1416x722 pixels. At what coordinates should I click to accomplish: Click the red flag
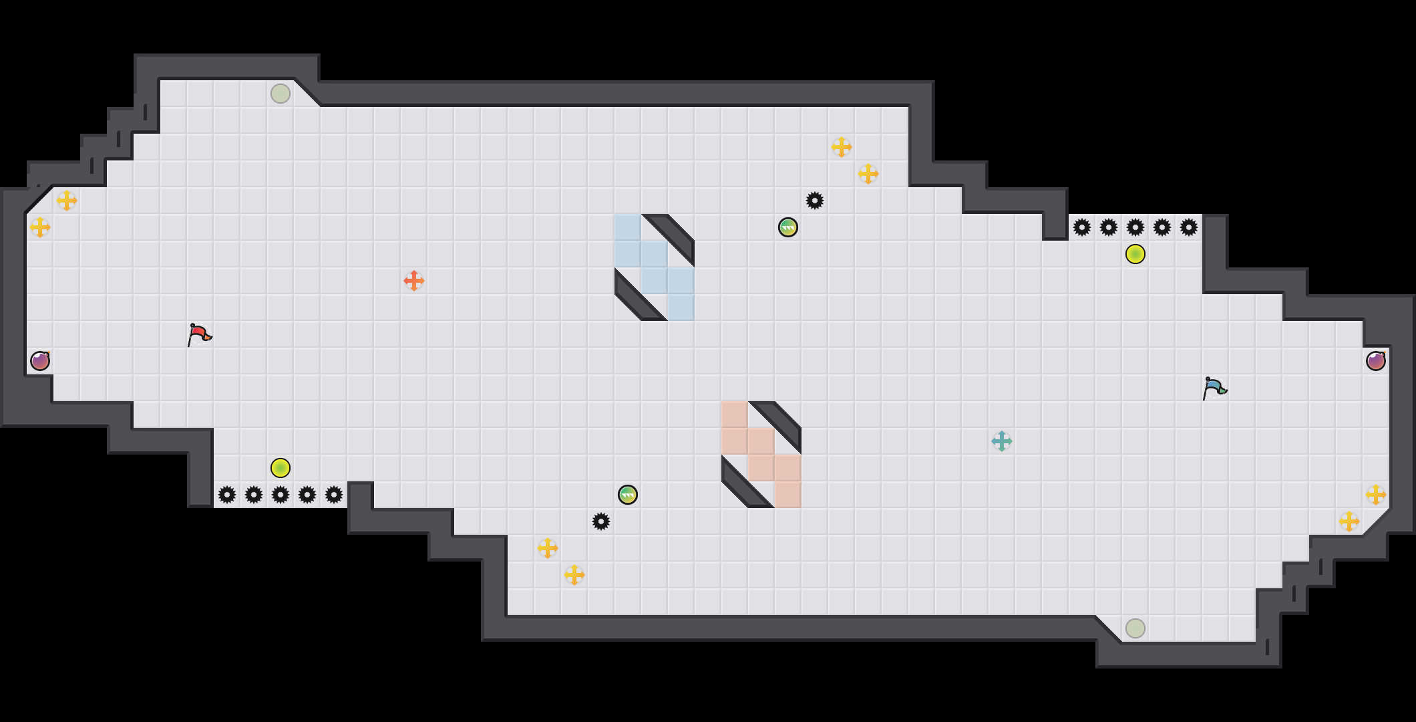click(199, 334)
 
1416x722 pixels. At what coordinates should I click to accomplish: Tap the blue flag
click(1214, 387)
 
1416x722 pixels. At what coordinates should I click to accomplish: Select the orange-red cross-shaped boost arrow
click(414, 281)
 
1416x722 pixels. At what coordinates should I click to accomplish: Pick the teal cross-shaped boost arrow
click(1002, 441)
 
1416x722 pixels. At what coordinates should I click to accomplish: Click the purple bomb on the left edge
click(40, 361)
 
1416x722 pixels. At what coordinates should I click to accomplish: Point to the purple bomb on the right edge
click(1376, 361)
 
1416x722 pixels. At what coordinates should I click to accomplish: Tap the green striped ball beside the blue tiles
click(788, 227)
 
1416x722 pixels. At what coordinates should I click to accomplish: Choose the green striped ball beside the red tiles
click(628, 495)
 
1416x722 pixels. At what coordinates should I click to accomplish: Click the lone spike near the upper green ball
click(815, 201)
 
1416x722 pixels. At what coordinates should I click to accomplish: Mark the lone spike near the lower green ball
click(601, 521)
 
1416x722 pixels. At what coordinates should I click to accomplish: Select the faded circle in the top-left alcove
click(281, 94)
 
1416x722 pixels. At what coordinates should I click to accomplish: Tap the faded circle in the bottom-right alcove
click(1135, 628)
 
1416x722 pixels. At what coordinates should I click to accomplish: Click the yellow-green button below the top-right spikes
click(1135, 254)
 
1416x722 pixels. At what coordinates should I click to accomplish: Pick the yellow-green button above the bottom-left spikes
click(281, 468)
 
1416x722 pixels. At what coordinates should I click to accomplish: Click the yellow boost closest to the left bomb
click(40, 227)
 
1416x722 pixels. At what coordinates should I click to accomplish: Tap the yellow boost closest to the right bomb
click(1376, 495)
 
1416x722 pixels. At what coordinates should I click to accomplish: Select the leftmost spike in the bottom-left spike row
click(227, 495)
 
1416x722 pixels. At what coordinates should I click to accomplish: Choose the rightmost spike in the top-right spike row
click(1189, 227)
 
